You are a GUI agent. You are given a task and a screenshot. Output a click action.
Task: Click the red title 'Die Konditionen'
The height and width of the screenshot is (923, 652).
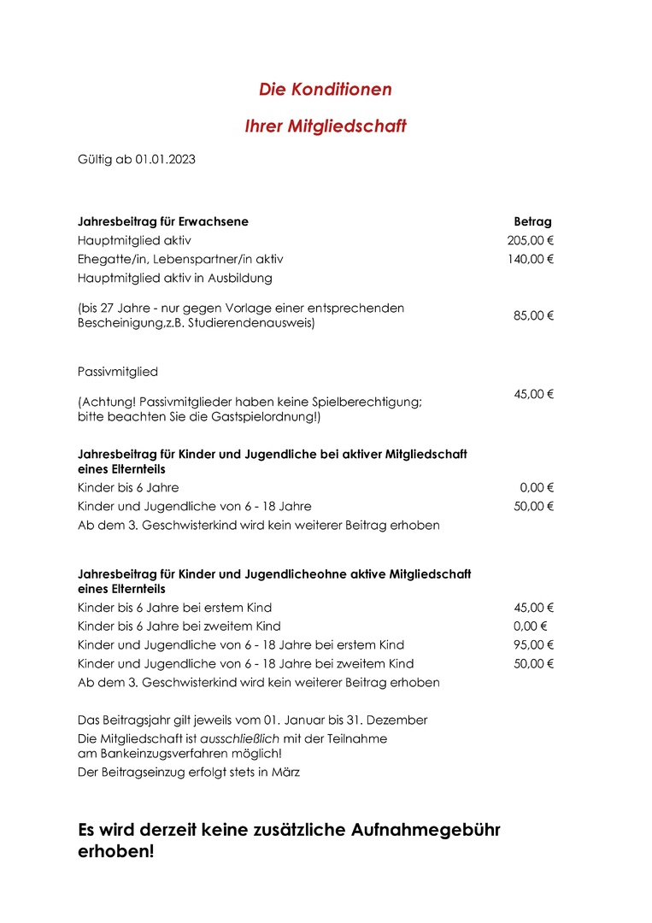[x=326, y=89]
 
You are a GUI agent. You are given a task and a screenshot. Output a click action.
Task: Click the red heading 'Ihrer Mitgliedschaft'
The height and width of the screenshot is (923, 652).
[x=326, y=126]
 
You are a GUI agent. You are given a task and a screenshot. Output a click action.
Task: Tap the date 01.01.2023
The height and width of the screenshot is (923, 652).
[x=165, y=159]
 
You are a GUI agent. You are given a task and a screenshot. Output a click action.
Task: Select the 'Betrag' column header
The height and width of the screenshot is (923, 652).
[x=532, y=221]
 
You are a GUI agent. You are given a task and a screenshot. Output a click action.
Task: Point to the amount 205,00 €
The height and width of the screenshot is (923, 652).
[x=531, y=240]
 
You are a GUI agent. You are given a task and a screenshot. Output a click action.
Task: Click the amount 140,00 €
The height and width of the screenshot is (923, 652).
[x=531, y=259]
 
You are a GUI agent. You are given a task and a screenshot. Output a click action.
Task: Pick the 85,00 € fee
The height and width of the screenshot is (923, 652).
[x=534, y=315]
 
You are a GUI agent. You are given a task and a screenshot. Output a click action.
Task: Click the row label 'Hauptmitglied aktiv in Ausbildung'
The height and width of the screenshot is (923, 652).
[x=174, y=278]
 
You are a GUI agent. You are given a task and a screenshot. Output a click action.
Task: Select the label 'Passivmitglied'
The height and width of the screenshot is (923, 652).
[x=118, y=372]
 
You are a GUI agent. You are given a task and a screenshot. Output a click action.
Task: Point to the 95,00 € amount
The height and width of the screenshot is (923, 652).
[x=534, y=645]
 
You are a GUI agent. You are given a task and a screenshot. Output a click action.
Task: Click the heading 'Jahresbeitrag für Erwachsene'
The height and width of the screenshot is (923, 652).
[x=163, y=221]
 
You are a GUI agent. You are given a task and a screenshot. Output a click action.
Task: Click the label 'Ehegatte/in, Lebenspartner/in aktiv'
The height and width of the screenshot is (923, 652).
[x=180, y=259]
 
